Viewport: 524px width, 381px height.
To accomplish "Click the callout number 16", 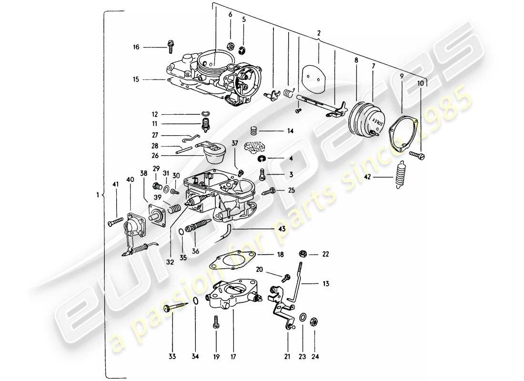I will [136, 47].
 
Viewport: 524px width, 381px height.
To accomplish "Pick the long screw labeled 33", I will [172, 310].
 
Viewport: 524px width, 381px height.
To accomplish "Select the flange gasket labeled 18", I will [232, 262].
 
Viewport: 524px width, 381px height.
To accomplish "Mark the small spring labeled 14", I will [254, 130].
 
